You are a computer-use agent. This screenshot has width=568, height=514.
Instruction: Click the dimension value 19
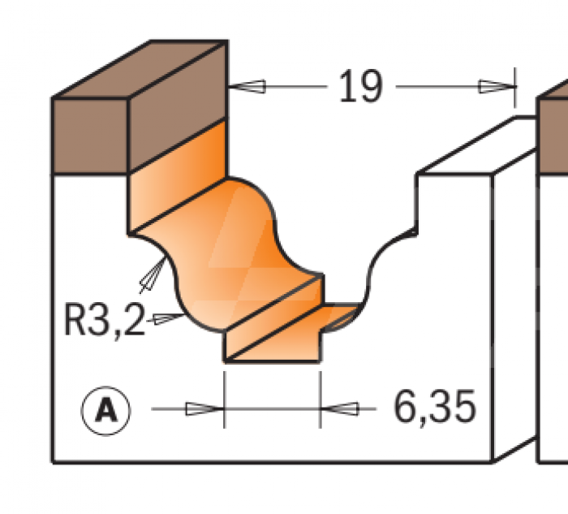359,86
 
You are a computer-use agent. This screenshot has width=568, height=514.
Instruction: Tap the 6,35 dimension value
435,408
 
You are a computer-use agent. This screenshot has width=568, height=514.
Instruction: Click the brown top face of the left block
138,69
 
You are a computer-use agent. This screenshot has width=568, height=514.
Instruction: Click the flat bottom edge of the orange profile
272,360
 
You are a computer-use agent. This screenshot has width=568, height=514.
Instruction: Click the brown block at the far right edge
554,130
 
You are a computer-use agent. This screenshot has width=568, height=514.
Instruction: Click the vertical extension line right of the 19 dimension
515,89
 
